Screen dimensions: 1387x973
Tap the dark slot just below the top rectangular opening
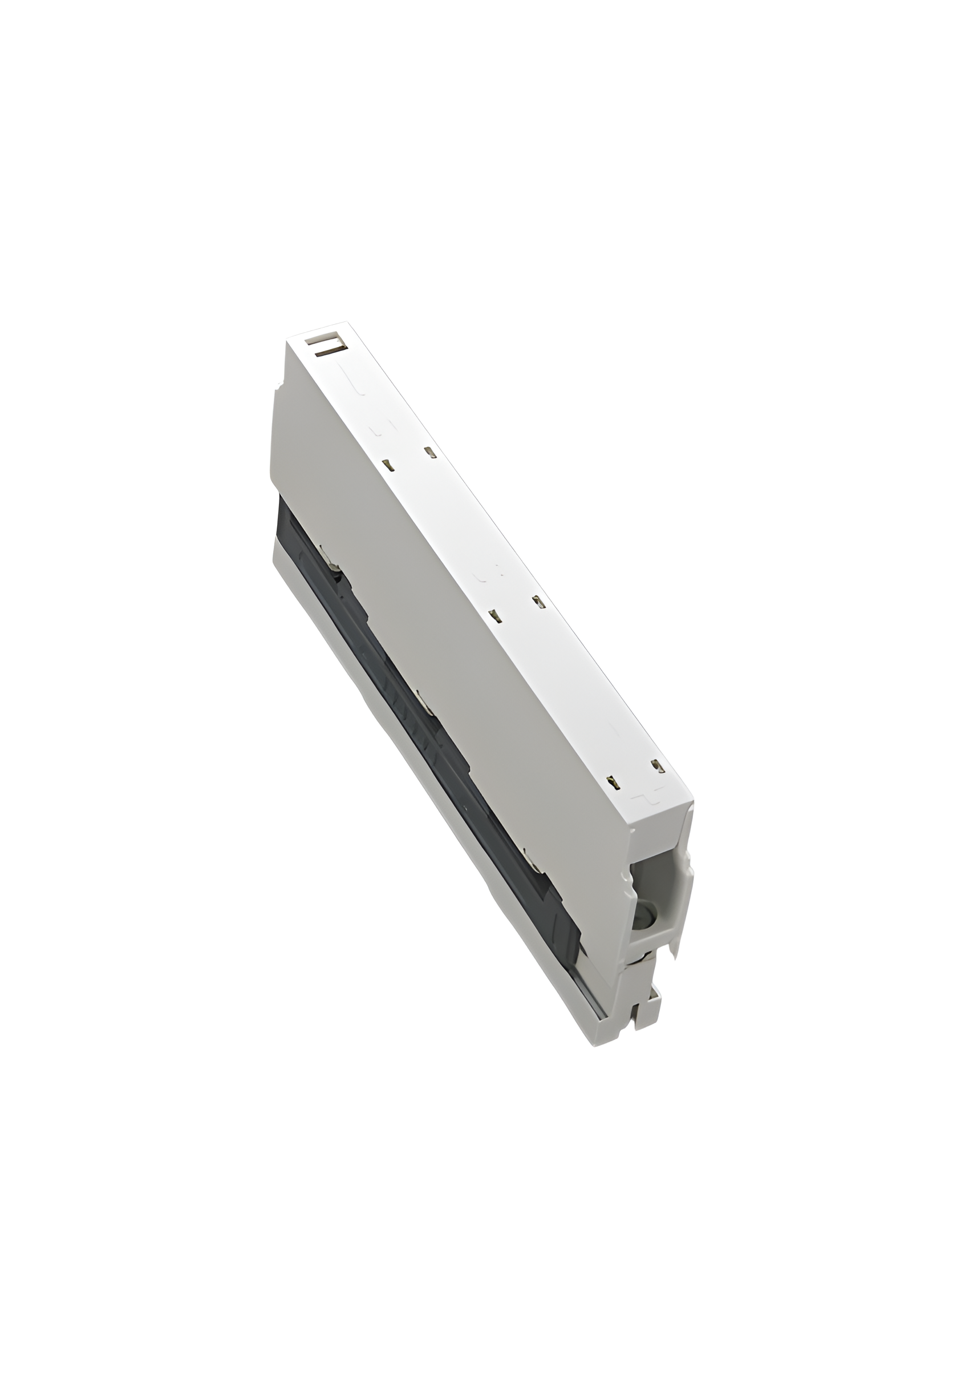327,352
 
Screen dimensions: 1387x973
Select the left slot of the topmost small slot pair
390,465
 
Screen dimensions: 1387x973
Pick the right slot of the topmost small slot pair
430,452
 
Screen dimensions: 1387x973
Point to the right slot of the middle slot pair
538,602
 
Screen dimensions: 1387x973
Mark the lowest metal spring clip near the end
533,861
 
